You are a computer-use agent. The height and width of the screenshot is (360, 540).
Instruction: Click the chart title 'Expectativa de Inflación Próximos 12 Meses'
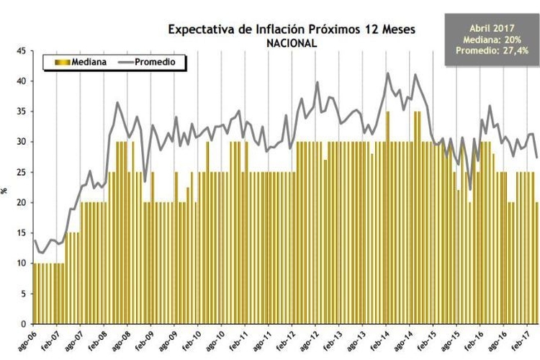coord(291,30)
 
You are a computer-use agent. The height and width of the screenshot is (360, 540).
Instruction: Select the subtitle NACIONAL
coord(291,43)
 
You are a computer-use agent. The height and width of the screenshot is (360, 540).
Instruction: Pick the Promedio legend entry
coord(151,63)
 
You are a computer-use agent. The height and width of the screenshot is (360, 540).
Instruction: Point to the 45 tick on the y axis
coord(21,51)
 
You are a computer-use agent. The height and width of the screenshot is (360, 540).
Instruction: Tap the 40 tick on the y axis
coord(21,81)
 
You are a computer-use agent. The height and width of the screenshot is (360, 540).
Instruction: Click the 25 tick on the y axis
coord(21,172)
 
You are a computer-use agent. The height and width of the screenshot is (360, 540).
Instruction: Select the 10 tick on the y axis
coord(21,263)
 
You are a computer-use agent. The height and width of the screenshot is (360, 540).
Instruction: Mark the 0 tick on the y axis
coord(24,323)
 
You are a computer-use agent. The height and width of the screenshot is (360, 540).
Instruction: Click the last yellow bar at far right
coord(537,263)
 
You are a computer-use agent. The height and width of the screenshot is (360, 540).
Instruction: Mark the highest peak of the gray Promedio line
coord(388,73)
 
